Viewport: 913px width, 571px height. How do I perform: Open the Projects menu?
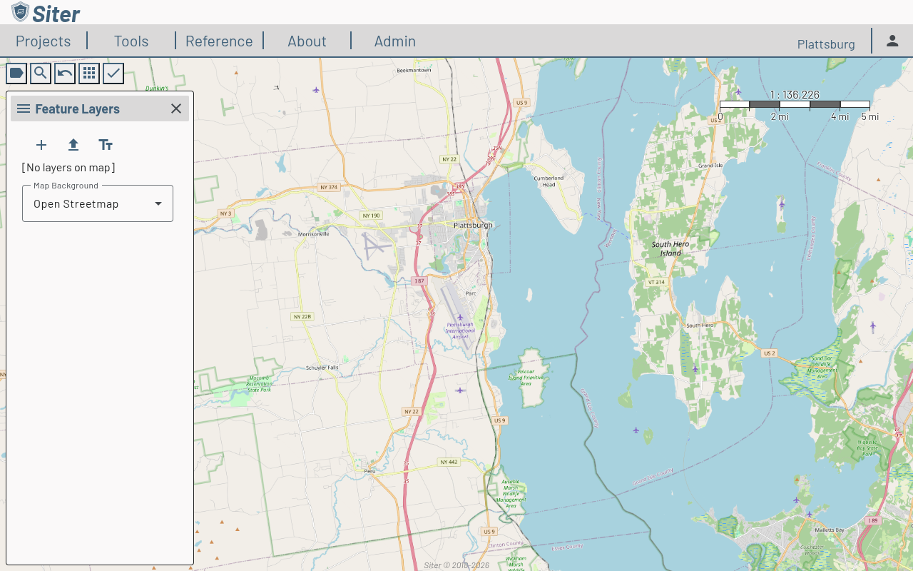click(x=44, y=41)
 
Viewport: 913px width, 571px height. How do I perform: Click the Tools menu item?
click(x=131, y=41)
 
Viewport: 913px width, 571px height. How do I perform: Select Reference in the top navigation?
click(x=219, y=41)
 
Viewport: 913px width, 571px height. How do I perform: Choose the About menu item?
click(x=307, y=41)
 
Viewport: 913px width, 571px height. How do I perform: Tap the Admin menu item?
click(x=394, y=41)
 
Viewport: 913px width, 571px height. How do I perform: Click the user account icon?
click(x=892, y=41)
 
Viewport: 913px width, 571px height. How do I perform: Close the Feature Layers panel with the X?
click(x=176, y=108)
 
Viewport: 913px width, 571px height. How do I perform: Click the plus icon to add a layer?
click(x=41, y=145)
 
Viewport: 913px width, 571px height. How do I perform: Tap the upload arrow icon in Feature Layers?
click(x=73, y=145)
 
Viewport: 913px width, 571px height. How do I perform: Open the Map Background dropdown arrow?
click(x=158, y=203)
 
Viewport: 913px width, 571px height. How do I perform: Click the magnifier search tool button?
click(x=41, y=73)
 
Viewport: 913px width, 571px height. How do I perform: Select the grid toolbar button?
click(x=89, y=73)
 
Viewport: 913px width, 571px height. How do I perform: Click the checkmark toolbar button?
click(x=113, y=73)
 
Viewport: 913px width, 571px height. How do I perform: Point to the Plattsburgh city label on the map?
click(x=473, y=225)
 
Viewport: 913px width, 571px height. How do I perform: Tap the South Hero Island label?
click(x=670, y=248)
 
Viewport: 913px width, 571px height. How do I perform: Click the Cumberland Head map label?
click(x=549, y=181)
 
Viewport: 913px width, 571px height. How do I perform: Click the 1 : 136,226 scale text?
click(x=795, y=94)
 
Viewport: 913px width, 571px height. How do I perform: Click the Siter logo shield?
click(x=21, y=12)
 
